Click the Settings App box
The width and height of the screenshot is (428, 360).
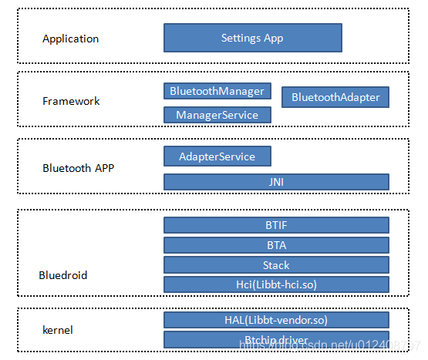[252, 38]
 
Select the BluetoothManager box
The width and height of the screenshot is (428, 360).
[217, 91]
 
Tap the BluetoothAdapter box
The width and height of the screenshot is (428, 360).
[335, 97]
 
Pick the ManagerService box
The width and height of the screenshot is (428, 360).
[217, 115]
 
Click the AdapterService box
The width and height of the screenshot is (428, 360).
[217, 156]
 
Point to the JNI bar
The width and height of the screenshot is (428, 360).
[276, 182]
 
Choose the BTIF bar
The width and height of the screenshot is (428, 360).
[276, 225]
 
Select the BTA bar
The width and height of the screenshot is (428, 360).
[276, 245]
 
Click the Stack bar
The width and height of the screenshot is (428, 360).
[276, 265]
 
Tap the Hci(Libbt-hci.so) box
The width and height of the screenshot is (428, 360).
[276, 284]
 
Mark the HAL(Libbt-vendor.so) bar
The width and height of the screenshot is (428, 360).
[276, 320]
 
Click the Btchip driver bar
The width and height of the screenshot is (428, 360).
[276, 340]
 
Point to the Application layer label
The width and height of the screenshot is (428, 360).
[70, 39]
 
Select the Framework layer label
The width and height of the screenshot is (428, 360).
[71, 101]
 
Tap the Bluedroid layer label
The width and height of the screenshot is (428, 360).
[63, 275]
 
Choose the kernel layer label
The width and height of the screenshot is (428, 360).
[58, 330]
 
